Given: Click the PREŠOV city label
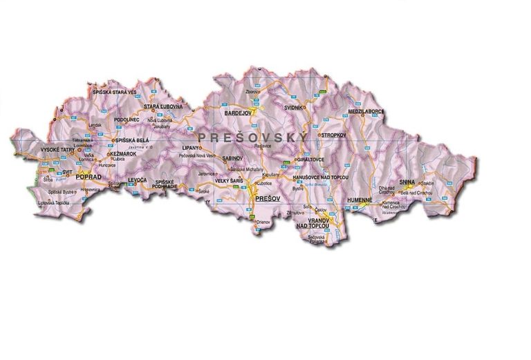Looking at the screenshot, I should coord(265,198).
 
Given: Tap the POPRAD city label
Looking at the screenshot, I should coord(88,178).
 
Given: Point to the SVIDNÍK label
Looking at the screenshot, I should coord(294,108).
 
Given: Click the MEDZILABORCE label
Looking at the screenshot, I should coord(366,111).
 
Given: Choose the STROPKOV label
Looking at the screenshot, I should coord(333,135).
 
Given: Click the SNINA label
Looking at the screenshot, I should coord(407,182).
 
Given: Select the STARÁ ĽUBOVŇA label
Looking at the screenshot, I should coord(163,106).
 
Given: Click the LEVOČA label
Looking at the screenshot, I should coord(138,180).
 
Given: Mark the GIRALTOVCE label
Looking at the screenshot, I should coord(310,160).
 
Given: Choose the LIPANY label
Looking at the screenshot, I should coord(191,148).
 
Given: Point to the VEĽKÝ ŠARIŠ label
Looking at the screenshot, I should coord(227,180).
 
